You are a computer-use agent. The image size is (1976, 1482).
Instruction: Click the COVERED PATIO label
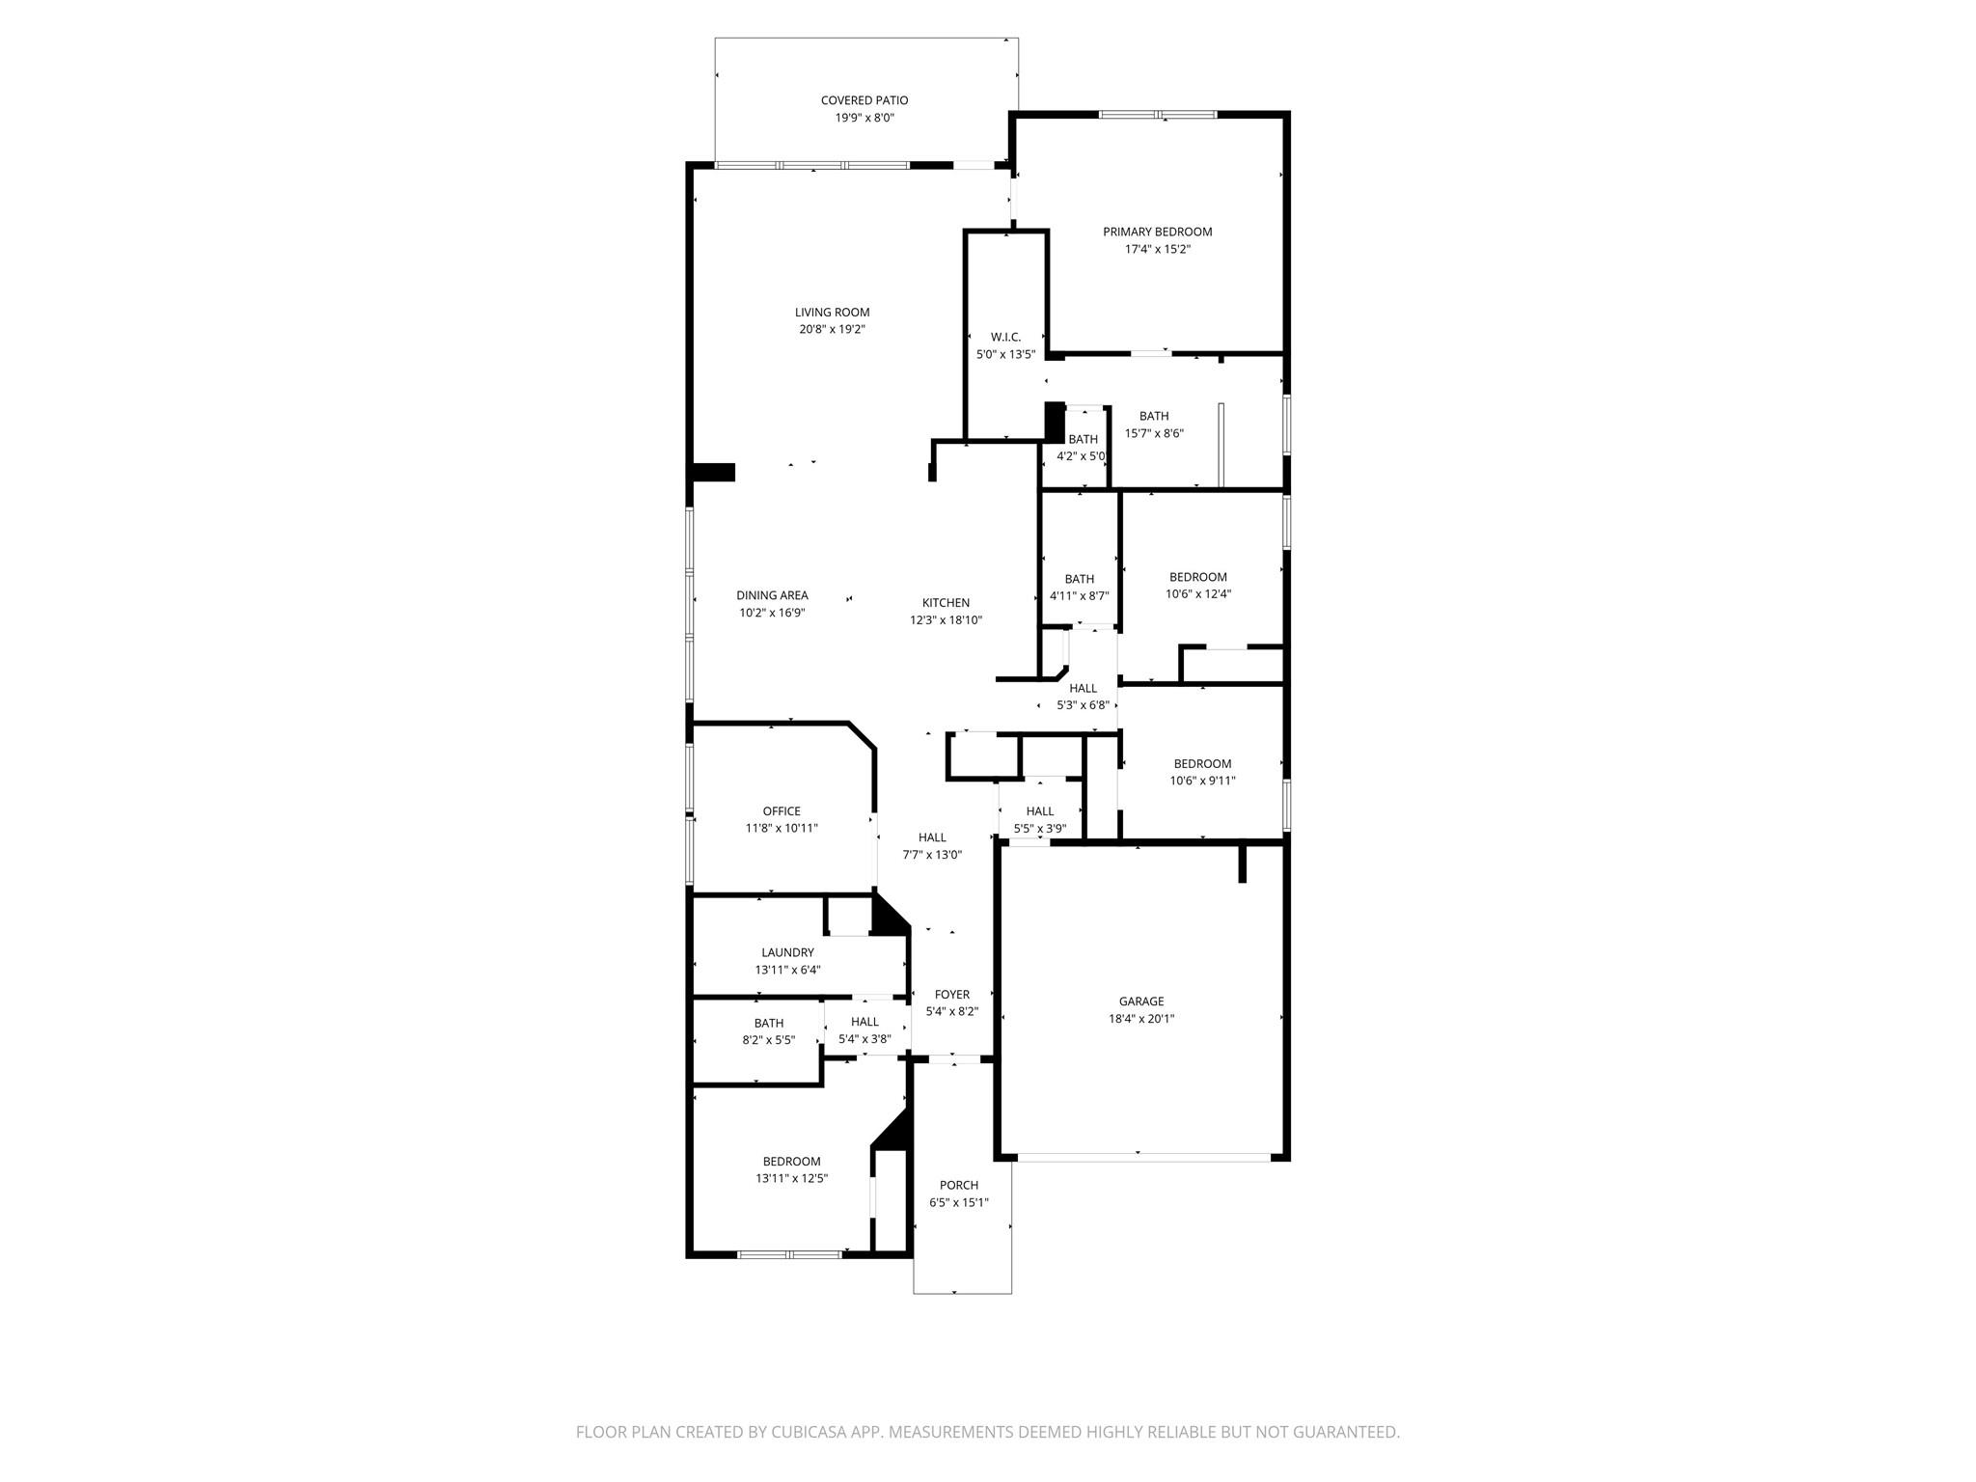coord(864,100)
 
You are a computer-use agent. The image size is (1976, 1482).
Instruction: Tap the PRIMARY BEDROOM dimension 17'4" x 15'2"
coord(1157,249)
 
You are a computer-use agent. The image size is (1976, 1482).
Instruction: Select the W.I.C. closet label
coord(1005,337)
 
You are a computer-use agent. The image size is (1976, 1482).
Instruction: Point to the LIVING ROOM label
coord(832,312)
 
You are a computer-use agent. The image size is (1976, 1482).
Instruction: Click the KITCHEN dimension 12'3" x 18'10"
coord(946,620)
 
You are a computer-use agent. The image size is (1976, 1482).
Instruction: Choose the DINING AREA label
coord(772,595)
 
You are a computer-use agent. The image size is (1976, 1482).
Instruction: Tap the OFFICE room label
coord(782,811)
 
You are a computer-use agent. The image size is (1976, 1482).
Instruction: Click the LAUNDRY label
coord(787,952)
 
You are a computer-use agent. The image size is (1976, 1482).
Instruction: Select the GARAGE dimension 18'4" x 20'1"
coord(1141,1019)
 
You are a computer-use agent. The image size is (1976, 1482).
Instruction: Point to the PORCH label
coord(958,1185)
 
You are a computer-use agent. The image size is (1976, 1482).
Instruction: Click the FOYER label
coord(951,995)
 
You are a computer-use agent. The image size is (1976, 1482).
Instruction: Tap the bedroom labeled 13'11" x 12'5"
coord(791,1169)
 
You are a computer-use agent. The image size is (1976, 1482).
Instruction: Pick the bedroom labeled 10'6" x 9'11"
coord(1202,772)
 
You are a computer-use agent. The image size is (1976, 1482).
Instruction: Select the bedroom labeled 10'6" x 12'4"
coord(1197,586)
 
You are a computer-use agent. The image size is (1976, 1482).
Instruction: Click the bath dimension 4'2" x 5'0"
coord(1081,456)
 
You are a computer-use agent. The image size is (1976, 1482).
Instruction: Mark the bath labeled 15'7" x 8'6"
coord(1154,425)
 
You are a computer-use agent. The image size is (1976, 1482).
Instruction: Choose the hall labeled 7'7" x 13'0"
coord(932,845)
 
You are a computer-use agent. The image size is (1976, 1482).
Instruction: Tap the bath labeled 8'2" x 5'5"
coord(769,1031)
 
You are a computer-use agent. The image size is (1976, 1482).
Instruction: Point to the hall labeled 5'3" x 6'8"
coord(1083,697)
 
